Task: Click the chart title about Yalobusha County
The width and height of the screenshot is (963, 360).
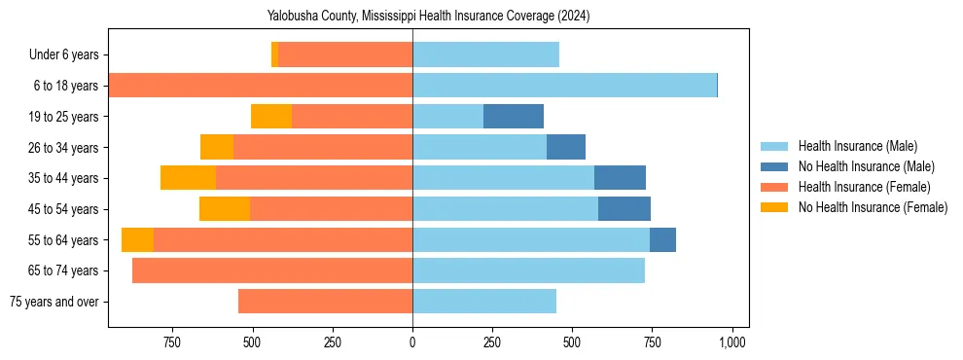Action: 428,16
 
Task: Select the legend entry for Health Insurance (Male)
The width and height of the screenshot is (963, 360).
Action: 857,146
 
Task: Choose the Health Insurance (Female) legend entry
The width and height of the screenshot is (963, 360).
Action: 865,187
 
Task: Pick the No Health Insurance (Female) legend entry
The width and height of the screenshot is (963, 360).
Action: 873,207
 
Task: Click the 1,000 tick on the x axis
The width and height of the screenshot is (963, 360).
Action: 732,342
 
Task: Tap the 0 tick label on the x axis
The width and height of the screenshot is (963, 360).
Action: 412,342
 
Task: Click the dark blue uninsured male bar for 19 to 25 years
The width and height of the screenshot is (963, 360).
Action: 514,117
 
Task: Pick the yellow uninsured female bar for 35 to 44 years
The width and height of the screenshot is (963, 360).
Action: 188,178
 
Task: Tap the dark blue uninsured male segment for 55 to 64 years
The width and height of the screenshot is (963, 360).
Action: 662,240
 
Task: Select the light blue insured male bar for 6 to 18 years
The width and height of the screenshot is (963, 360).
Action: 564,86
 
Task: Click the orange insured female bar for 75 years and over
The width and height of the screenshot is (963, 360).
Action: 325,302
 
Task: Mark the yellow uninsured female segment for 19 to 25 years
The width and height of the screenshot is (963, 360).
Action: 271,117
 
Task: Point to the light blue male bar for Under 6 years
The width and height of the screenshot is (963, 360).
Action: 485,55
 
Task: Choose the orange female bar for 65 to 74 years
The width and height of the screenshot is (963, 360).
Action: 272,270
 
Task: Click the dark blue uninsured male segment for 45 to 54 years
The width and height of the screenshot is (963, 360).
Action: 624,209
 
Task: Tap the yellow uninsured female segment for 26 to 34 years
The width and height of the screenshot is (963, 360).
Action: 217,147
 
